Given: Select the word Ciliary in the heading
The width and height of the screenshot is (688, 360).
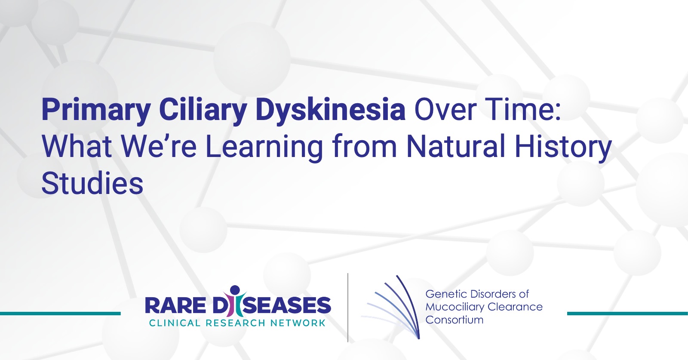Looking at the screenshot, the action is pos(203,109).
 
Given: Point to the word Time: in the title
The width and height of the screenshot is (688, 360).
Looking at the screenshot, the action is pos(524,109).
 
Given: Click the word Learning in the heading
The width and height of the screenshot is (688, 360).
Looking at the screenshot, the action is pos(264,147).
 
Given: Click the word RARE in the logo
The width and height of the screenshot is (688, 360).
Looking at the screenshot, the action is pos(175,305).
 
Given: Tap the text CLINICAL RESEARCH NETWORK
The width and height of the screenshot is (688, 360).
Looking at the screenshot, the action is pos(237,323).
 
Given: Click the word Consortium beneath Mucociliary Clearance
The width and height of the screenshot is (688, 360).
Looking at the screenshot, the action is pos(455,320).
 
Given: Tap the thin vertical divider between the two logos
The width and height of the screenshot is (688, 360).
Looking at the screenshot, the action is pos(348,308).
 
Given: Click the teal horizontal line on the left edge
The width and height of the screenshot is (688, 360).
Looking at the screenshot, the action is pos(60,314).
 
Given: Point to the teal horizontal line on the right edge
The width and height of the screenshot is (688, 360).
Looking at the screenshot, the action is pos(627,314).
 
